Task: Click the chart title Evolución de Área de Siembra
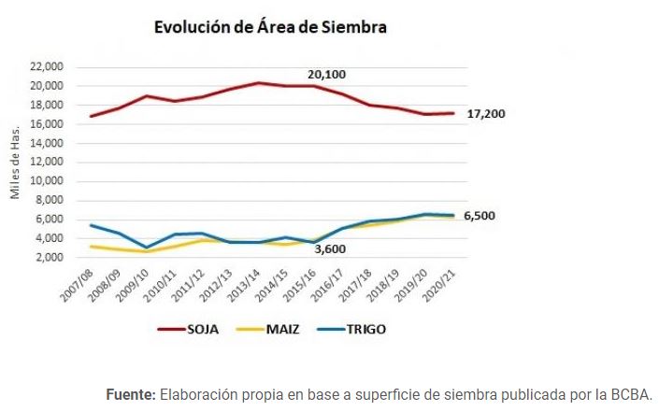pyautogui.click(x=270, y=28)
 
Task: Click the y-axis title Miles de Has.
pyautogui.click(x=15, y=163)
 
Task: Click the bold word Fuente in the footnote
pyautogui.click(x=130, y=394)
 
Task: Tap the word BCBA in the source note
pyautogui.click(x=630, y=394)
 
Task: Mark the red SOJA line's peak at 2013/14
pyautogui.click(x=258, y=83)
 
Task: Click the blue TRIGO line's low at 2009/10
pyautogui.click(x=147, y=248)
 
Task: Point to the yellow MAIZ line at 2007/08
pyautogui.click(x=91, y=247)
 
